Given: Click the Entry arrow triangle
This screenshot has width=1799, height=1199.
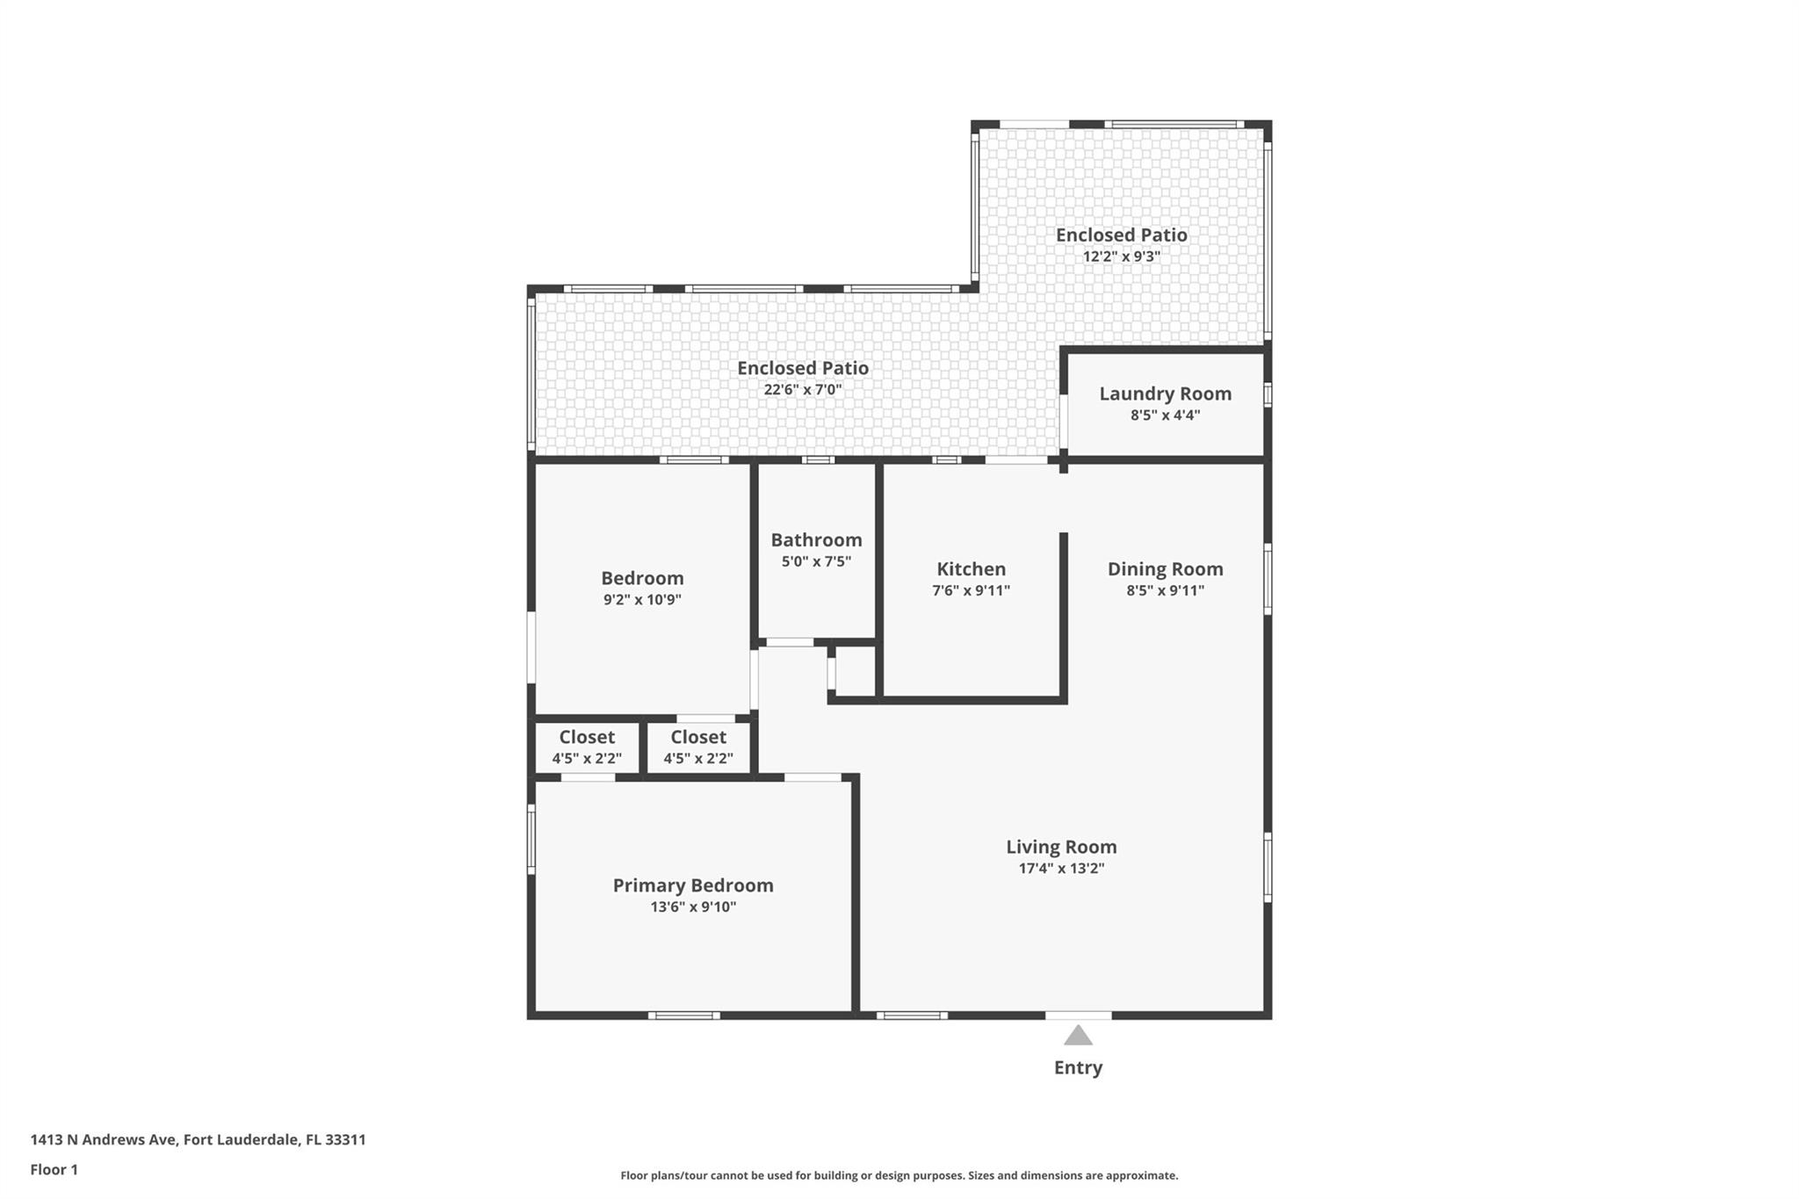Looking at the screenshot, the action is pyautogui.click(x=1078, y=1036).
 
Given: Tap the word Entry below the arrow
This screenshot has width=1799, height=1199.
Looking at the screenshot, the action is pyautogui.click(x=1078, y=1067).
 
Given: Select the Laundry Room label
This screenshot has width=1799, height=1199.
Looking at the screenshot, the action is pyautogui.click(x=1165, y=394).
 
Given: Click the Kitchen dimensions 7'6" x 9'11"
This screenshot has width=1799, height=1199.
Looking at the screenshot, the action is pyautogui.click(x=971, y=590).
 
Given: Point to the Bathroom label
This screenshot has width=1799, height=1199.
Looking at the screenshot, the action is pyautogui.click(x=816, y=539).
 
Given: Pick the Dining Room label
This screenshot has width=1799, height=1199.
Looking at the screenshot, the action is pyautogui.click(x=1165, y=569).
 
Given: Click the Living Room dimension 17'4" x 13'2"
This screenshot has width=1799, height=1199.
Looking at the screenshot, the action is pyautogui.click(x=1061, y=869).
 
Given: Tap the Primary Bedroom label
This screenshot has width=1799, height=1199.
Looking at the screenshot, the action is pyautogui.click(x=693, y=885).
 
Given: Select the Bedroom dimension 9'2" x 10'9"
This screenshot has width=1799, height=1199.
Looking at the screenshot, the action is pyautogui.click(x=642, y=600).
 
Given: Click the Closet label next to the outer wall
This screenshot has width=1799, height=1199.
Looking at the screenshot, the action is pyautogui.click(x=587, y=737).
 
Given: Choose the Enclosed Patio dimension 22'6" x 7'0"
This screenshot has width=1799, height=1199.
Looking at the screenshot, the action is pyautogui.click(x=803, y=389).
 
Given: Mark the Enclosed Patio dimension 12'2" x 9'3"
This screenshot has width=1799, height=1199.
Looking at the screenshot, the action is pyautogui.click(x=1121, y=256).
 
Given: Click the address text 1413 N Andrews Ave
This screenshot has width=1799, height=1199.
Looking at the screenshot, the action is pyautogui.click(x=105, y=1140).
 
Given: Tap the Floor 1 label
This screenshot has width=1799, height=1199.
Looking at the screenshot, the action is pyautogui.click(x=54, y=1170).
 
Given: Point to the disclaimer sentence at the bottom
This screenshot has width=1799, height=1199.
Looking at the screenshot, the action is pyautogui.click(x=899, y=1175).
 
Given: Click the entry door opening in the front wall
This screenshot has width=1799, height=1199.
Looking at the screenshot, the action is pyautogui.click(x=1078, y=1015).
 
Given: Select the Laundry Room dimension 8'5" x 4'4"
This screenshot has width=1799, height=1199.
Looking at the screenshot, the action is pyautogui.click(x=1165, y=415).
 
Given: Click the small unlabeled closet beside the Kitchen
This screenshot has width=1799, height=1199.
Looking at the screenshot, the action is pyautogui.click(x=856, y=673).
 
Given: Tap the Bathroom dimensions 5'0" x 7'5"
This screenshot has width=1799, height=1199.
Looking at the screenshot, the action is pyautogui.click(x=816, y=561).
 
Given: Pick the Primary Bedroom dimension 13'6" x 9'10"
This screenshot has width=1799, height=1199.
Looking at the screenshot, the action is pyautogui.click(x=693, y=907).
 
